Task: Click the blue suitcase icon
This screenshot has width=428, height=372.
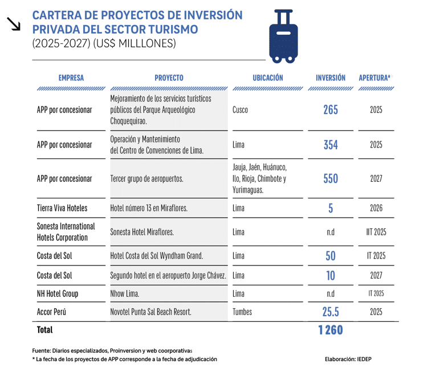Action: tap(283, 36)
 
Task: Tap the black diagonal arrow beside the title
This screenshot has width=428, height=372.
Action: tap(14, 24)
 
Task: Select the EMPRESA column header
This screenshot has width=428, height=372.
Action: tap(71, 78)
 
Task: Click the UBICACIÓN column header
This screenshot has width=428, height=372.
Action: tap(268, 78)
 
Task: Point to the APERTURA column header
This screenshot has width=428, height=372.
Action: tap(374, 78)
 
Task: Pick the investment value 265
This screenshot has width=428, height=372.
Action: tap(331, 110)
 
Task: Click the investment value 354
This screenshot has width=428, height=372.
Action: tap(331, 145)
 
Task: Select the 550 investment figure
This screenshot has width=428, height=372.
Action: tap(331, 179)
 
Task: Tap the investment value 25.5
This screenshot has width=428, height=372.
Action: tap(331, 312)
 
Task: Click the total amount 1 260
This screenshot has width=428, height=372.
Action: tap(331, 330)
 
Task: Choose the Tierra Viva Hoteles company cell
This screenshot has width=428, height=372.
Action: tap(62, 209)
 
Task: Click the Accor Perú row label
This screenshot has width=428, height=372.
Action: tap(52, 312)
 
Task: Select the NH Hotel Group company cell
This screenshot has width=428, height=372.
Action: tap(58, 294)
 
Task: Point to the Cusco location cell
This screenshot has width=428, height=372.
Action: tap(240, 110)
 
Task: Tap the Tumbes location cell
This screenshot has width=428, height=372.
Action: tap(242, 312)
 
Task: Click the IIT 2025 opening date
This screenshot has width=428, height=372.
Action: tap(376, 232)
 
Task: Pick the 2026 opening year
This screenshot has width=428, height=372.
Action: tap(376, 209)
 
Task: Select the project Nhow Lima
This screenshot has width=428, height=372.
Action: tap(125, 294)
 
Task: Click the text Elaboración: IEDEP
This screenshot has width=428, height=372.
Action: tap(348, 359)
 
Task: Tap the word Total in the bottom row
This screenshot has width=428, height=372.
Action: tap(45, 330)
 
